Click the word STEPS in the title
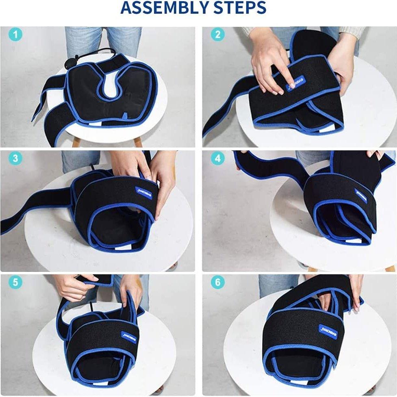[240, 8]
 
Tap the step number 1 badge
[15, 35]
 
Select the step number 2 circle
[217, 35]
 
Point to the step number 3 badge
[15, 158]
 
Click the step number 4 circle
[217, 158]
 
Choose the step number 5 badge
[15, 282]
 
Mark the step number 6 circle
[217, 282]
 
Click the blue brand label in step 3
[140, 191]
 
